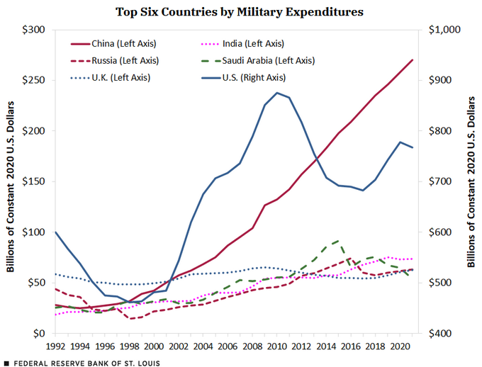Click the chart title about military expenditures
click(240, 11)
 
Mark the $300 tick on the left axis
click(34, 30)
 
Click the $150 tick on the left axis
click(34, 181)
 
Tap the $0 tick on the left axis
click(40, 334)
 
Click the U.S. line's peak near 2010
click(277, 93)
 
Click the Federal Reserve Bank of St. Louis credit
click(85, 362)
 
